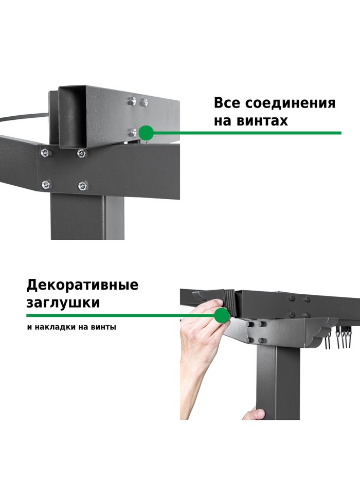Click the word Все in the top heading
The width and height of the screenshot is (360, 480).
pyautogui.click(x=227, y=103)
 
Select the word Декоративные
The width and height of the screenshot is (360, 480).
pyautogui.click(x=82, y=285)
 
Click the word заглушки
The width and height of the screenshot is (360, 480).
pyautogui.click(x=63, y=303)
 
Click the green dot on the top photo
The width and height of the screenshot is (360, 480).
pyautogui.click(x=146, y=133)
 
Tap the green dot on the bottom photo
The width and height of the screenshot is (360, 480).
pyautogui.click(x=222, y=315)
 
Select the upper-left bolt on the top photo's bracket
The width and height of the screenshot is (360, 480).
pyautogui.click(x=45, y=152)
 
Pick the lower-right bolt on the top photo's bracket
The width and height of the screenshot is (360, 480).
pyautogui.click(x=82, y=186)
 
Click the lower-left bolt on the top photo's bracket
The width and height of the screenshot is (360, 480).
pyautogui.click(x=46, y=184)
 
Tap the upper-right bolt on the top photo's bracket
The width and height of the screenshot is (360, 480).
pyautogui.click(x=81, y=153)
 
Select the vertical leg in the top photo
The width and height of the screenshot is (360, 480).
pyautogui.click(x=87, y=218)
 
